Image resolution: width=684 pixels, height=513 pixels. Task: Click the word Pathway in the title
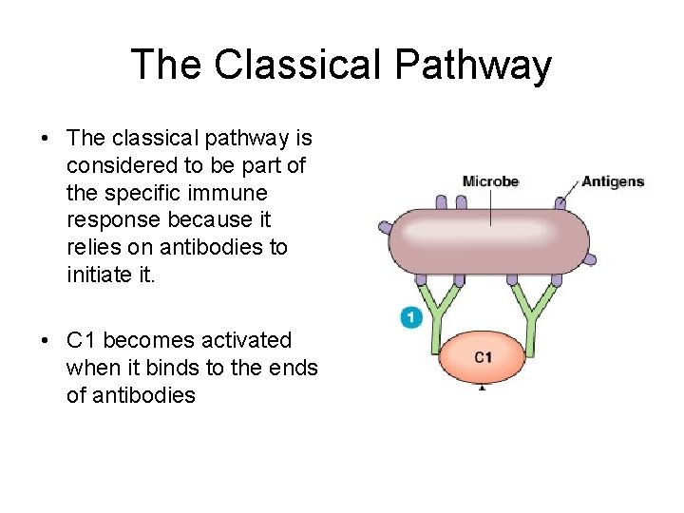click(x=471, y=65)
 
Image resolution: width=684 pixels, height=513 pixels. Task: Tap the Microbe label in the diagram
click(x=490, y=181)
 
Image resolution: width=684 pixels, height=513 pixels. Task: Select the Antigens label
click(x=613, y=181)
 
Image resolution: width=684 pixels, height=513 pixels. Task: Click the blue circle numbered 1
click(x=410, y=317)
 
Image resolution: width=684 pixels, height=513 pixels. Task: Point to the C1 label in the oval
click(x=483, y=357)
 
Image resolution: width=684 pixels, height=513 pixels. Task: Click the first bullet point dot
click(x=46, y=139)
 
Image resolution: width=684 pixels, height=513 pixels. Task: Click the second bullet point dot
click(x=46, y=341)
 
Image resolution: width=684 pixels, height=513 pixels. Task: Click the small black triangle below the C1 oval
click(x=483, y=388)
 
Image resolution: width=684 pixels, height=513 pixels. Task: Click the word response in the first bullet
click(x=107, y=220)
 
